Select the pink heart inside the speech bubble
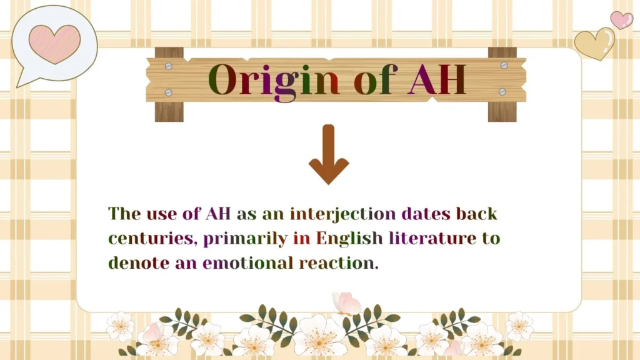point(54,44)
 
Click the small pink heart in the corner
point(621,19)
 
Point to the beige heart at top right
point(594,43)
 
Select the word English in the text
point(349,238)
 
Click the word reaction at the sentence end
point(339,262)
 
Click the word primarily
point(245,239)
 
